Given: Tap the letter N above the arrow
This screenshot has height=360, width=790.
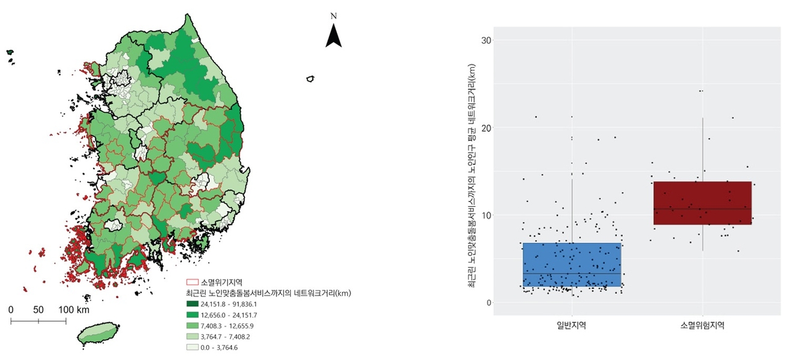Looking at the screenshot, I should pyautogui.click(x=333, y=15).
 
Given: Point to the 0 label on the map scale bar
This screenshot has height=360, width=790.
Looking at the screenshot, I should pyautogui.click(x=11, y=309).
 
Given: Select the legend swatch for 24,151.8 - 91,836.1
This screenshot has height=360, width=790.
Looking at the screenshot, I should pyautogui.click(x=192, y=304).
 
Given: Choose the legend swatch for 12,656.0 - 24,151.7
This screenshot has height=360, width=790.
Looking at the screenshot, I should pyautogui.click(x=192, y=315).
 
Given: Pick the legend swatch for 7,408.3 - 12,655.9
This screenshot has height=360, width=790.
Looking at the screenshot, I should pyautogui.click(x=192, y=325).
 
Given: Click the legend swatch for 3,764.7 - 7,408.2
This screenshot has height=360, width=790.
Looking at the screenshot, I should pyautogui.click(x=192, y=337).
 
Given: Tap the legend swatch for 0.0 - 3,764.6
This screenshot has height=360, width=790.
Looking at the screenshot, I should pyautogui.click(x=192, y=347).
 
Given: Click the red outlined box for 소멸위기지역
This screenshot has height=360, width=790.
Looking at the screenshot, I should pyautogui.click(x=192, y=282).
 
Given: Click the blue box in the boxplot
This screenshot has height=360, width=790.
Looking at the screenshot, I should pyautogui.click(x=572, y=264).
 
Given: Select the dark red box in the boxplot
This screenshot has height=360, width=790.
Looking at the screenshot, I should pyautogui.click(x=702, y=203).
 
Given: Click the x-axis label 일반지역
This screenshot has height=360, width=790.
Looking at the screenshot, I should pyautogui.click(x=572, y=325).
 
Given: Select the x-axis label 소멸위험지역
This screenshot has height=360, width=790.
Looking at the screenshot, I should pyautogui.click(x=702, y=325).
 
